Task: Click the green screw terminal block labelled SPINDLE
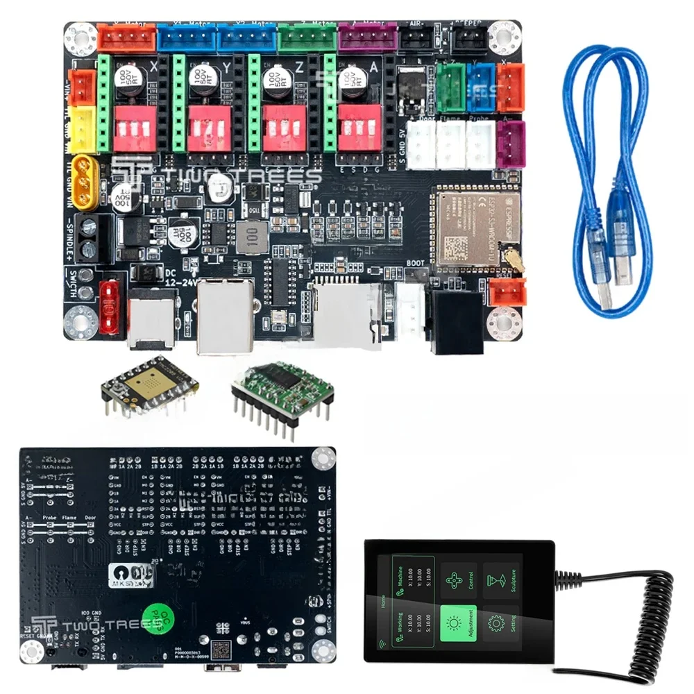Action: (89, 236)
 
